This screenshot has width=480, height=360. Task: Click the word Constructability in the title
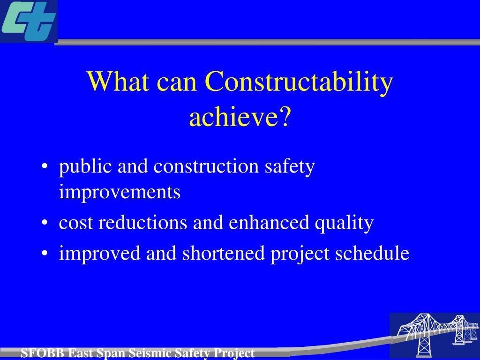(x=299, y=82)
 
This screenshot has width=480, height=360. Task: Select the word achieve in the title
(x=233, y=118)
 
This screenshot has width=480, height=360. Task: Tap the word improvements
(x=120, y=192)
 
